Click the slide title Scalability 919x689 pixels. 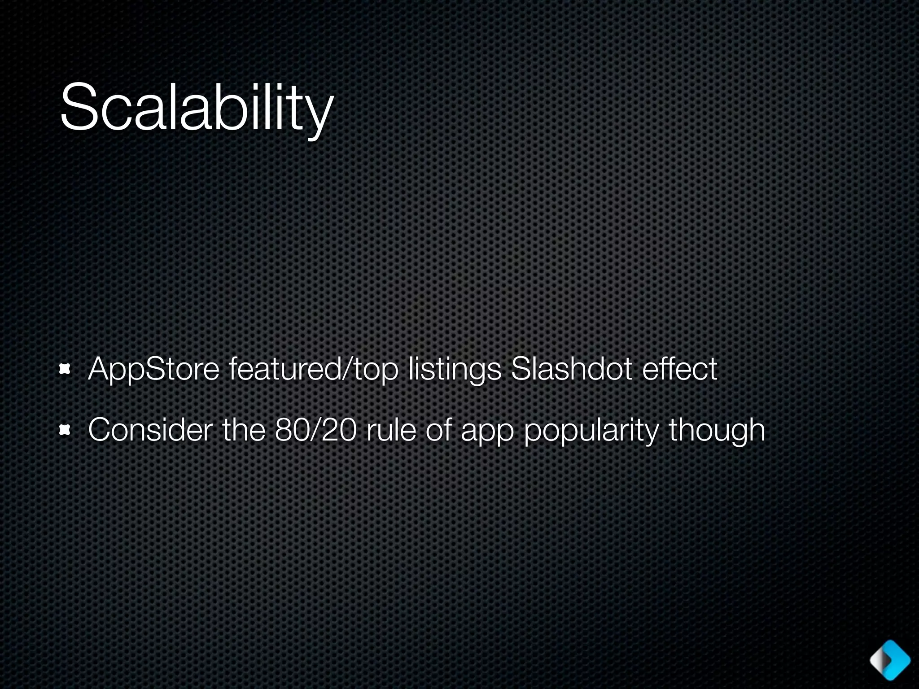coord(197,108)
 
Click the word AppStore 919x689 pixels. coord(153,370)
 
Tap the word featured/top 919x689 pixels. coord(313,370)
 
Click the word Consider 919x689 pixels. coord(150,430)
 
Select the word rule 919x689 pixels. coord(390,430)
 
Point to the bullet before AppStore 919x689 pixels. coord(66,370)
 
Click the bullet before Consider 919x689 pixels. coord(66,431)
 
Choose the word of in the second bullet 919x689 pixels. coord(438,430)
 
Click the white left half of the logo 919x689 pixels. coord(879,660)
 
